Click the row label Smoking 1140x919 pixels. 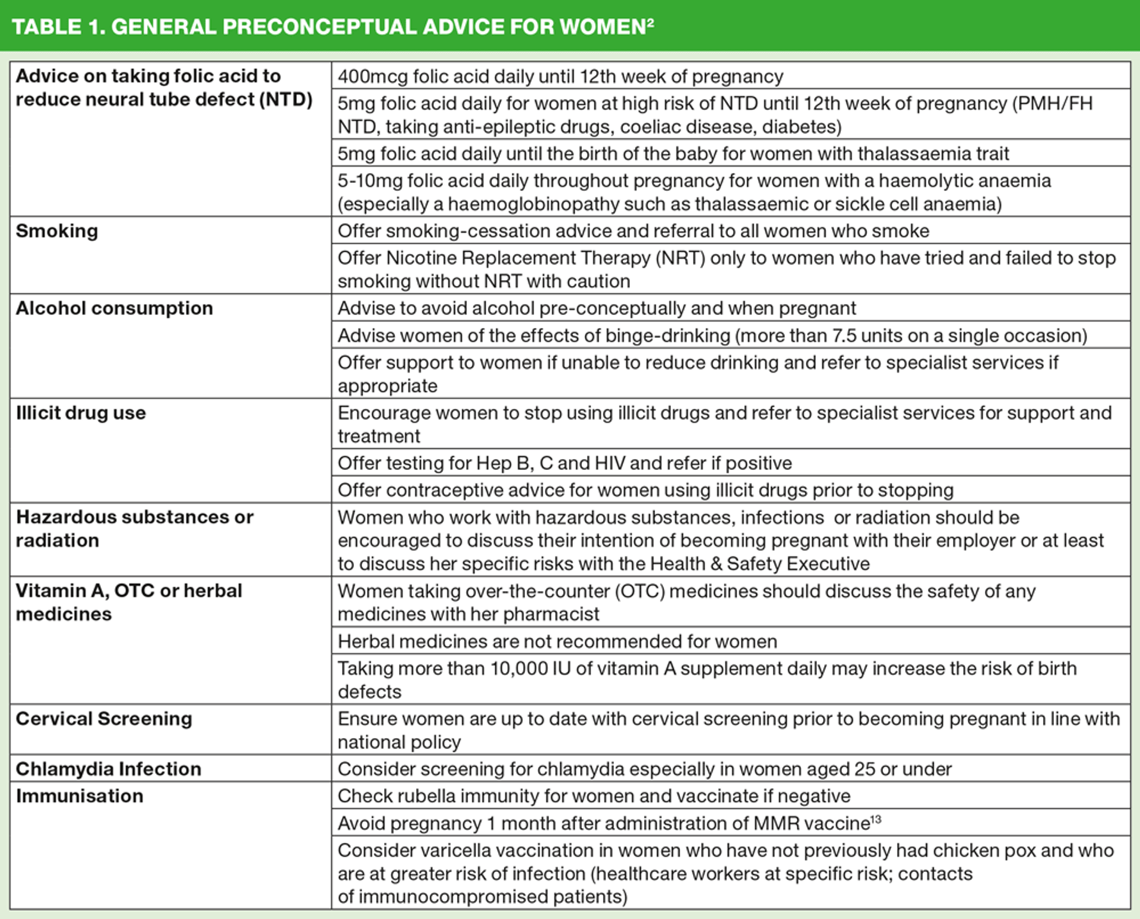(57, 231)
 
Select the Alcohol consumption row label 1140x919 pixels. (114, 308)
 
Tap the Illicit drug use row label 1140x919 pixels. (81, 412)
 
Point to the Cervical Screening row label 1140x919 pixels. (104, 718)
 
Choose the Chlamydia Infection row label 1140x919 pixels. (109, 769)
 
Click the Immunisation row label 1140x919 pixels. (80, 796)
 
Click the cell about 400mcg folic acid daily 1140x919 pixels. (560, 77)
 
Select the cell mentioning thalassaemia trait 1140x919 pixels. (673, 154)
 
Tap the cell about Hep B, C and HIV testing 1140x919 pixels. (564, 463)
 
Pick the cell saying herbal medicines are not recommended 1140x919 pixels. (557, 641)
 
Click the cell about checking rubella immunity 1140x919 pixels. (594, 796)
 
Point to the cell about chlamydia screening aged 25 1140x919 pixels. (644, 769)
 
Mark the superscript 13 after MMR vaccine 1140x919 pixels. (876, 819)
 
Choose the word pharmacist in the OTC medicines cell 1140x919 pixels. (551, 614)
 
